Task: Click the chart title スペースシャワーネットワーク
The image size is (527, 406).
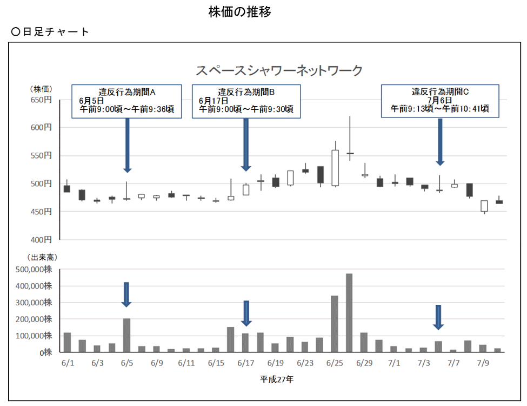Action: (278, 70)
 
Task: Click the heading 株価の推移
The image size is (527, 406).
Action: (239, 12)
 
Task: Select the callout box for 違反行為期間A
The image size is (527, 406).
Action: (127, 101)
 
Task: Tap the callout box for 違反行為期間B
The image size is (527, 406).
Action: (246, 101)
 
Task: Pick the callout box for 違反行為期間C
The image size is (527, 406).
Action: (439, 101)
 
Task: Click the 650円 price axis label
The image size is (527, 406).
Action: (41, 100)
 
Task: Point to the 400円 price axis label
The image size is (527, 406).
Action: (41, 239)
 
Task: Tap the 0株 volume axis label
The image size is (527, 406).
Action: (45, 352)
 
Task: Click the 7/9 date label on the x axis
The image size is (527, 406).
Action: (483, 363)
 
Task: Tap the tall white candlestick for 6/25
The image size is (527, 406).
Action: (335, 168)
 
